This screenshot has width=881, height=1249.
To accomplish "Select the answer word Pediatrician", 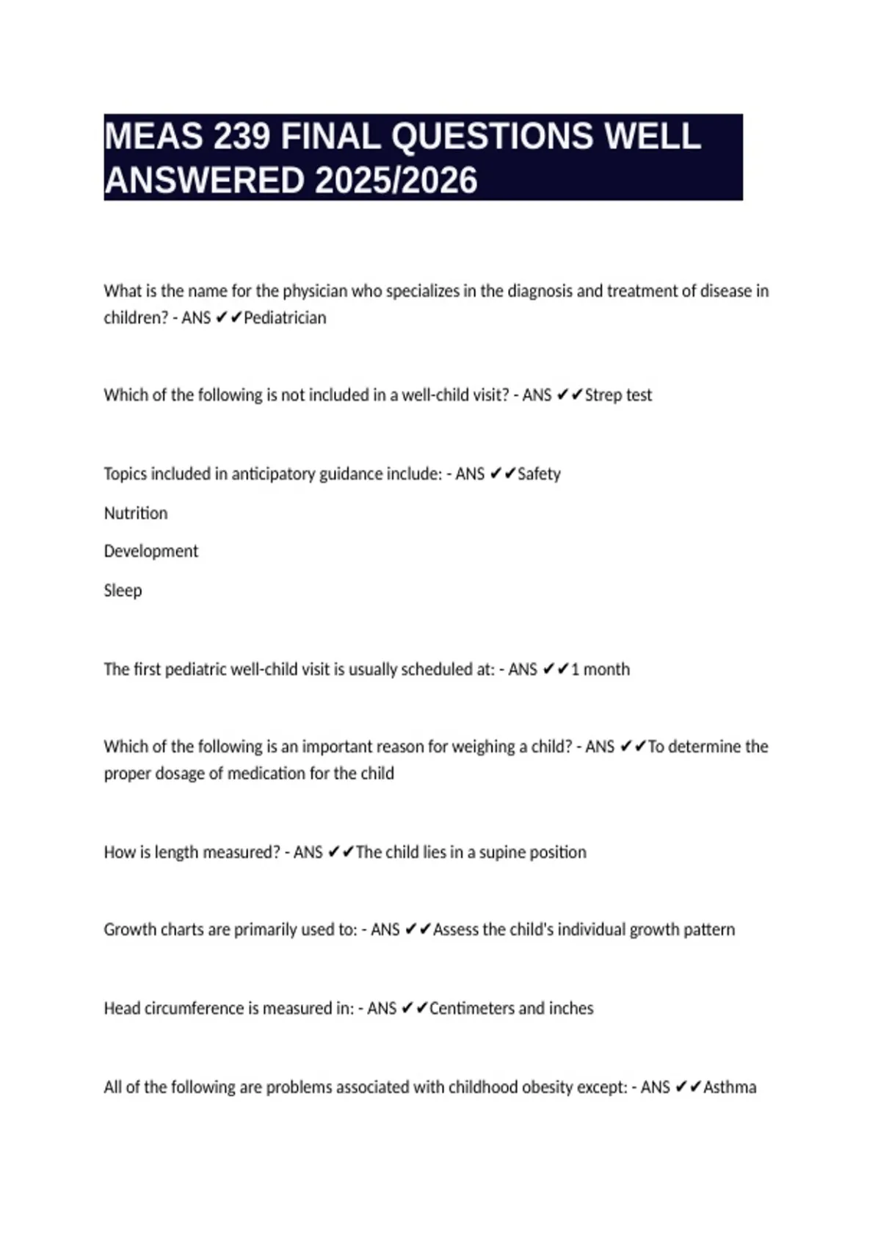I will coord(285,318).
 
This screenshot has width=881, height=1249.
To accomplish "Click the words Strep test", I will coord(618,395).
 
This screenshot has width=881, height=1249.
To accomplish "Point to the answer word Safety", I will coord(539,474).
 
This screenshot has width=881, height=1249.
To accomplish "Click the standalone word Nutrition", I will coord(136,513).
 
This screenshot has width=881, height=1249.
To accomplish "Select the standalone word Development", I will coord(151,551).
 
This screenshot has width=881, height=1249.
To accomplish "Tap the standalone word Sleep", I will coord(123,590).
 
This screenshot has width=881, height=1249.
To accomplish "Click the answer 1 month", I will coord(600,669).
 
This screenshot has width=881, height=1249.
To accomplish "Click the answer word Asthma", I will coord(730,1087).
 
